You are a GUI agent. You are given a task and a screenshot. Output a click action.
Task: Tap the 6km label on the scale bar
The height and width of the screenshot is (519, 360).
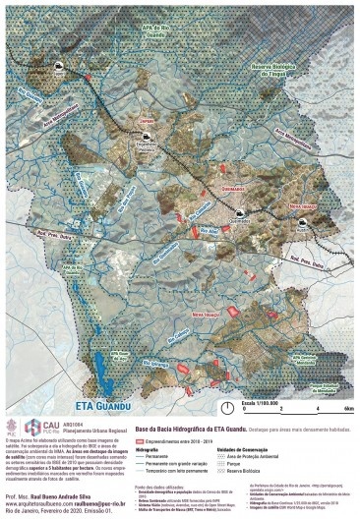[349, 407]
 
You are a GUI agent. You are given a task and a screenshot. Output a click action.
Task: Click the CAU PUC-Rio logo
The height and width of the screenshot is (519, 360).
[21, 427]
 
